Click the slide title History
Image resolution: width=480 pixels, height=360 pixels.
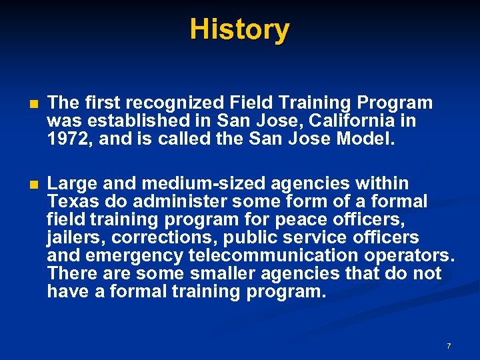239,30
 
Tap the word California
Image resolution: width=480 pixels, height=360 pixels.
340,121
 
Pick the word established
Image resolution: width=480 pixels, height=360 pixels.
132,121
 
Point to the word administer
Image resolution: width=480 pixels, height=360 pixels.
164,201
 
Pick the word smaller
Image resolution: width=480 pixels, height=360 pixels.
219,274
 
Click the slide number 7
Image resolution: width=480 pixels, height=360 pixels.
449,346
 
